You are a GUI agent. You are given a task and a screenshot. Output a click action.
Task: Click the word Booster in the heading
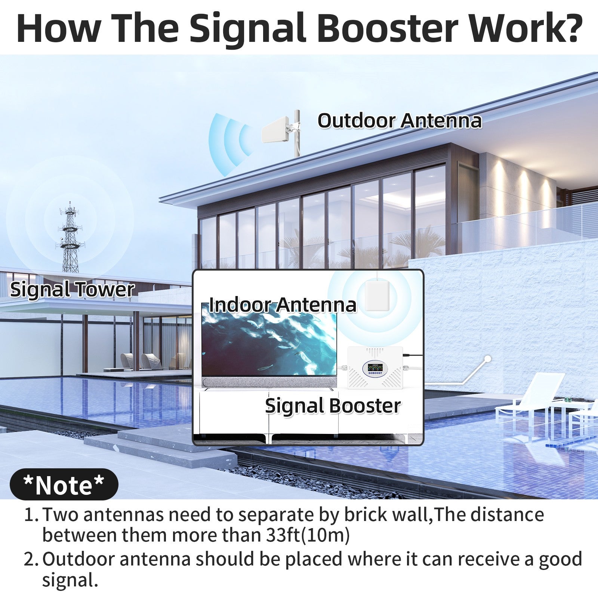click(x=389, y=28)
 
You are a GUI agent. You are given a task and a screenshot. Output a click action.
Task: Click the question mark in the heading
click(x=567, y=28)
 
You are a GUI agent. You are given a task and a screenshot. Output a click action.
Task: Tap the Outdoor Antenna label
click(x=400, y=121)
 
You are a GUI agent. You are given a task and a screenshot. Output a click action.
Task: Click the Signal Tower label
click(x=72, y=290)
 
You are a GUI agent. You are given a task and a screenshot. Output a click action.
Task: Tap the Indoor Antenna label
click(x=282, y=305)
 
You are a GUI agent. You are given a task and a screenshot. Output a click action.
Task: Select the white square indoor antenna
click(x=377, y=296)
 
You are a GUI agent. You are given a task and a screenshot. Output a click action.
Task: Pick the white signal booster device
click(x=375, y=368)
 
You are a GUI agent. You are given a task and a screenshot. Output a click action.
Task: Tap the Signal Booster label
click(x=333, y=406)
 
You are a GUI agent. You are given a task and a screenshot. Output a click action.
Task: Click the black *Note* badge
click(x=64, y=485)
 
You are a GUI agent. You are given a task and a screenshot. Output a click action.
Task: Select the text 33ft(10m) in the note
click(x=308, y=535)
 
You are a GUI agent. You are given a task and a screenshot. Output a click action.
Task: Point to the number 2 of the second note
click(x=29, y=560)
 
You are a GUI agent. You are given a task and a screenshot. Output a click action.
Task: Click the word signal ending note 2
click(x=70, y=580)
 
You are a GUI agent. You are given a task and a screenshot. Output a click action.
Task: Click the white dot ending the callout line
click(x=487, y=359)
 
